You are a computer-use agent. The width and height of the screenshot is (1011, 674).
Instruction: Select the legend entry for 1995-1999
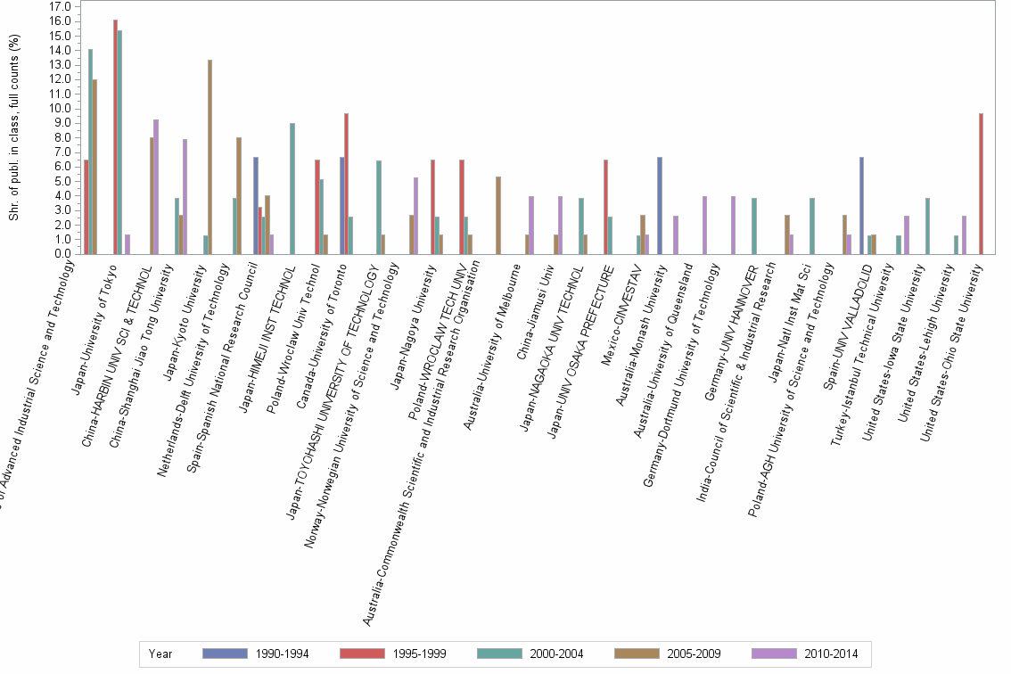[393, 654]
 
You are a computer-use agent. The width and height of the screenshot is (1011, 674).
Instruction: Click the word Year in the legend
[161, 654]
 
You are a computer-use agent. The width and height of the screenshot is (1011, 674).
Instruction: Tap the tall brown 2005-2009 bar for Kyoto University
[210, 156]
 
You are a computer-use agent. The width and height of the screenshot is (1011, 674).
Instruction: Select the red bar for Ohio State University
[981, 183]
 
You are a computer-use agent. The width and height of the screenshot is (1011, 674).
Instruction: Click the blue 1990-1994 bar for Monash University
[659, 205]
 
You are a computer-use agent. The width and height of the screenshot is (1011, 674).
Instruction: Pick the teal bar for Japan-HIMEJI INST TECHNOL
[292, 188]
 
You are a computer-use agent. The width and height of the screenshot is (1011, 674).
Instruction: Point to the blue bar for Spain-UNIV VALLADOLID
[861, 205]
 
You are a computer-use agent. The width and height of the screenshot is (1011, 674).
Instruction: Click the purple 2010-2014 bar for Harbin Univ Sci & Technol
[156, 186]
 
